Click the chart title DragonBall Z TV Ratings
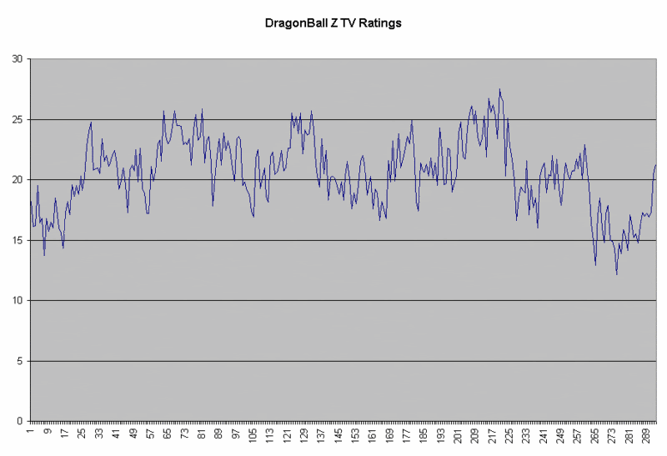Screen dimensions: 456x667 coord(333,23)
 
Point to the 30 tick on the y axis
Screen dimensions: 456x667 coord(18,59)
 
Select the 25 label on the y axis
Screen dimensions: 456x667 coord(18,119)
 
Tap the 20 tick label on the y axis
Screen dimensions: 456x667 coord(18,180)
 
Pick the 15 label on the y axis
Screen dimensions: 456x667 coord(18,240)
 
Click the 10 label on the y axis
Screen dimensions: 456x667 coord(18,300)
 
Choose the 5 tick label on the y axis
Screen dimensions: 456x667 coord(21,361)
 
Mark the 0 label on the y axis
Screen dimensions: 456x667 coord(21,421)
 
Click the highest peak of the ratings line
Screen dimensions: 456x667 coord(499,89)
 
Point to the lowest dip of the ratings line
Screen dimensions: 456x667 coord(617,274)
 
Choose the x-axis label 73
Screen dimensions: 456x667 coord(184,433)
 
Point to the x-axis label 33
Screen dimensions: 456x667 coord(99,433)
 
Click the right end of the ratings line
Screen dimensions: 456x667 coord(656,165)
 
